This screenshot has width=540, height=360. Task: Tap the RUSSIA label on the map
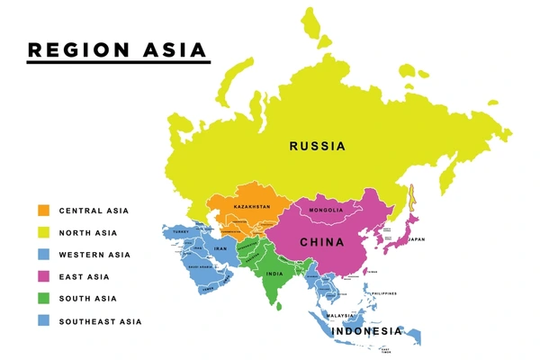pos(317,146)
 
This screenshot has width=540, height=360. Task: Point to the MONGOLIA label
pos(326,211)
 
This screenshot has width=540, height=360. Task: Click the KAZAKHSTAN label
pos(252,207)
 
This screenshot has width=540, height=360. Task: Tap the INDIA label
pos(274,273)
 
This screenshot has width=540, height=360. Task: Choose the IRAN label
pos(220,248)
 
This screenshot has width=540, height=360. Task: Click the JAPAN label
pos(416,239)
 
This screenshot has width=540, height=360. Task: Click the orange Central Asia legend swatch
pos(43,211)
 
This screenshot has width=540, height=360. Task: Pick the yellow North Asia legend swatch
pos(43,232)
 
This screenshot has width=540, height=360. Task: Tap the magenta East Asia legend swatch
pos(43,276)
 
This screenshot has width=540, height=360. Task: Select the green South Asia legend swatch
pos(43,299)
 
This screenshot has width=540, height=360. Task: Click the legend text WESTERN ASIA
pos(94,255)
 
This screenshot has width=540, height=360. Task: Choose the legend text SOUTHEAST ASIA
pos(100,321)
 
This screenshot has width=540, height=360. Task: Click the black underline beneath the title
pos(118,62)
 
